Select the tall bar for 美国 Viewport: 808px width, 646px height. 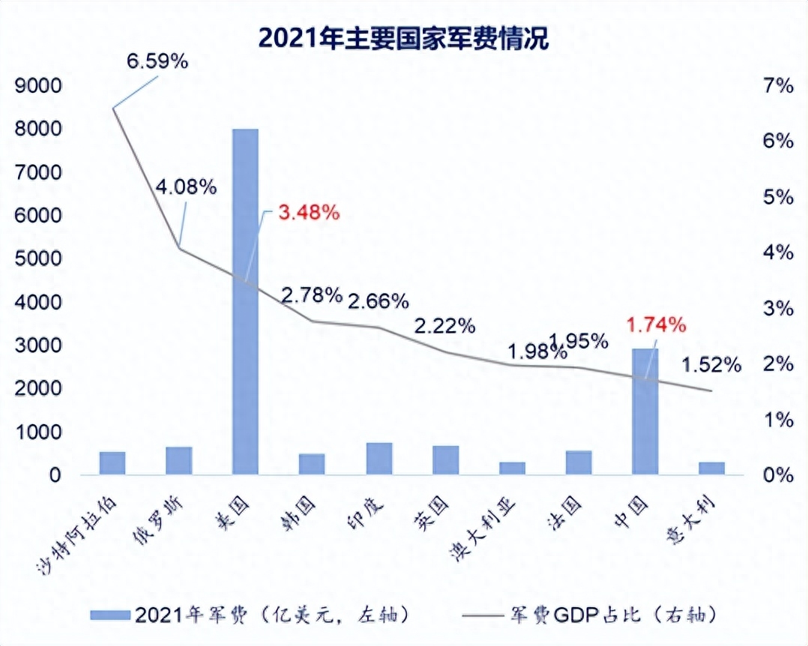(245, 300)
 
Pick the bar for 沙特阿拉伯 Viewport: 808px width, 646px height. (112, 463)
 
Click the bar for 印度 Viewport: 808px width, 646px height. (379, 459)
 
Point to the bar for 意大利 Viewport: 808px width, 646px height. (711, 468)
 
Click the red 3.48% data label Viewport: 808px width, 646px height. (309, 213)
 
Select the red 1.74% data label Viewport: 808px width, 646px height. (656, 325)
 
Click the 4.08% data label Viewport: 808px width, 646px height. (186, 187)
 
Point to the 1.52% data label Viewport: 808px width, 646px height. (711, 366)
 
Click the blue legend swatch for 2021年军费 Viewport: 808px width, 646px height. (111, 615)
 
